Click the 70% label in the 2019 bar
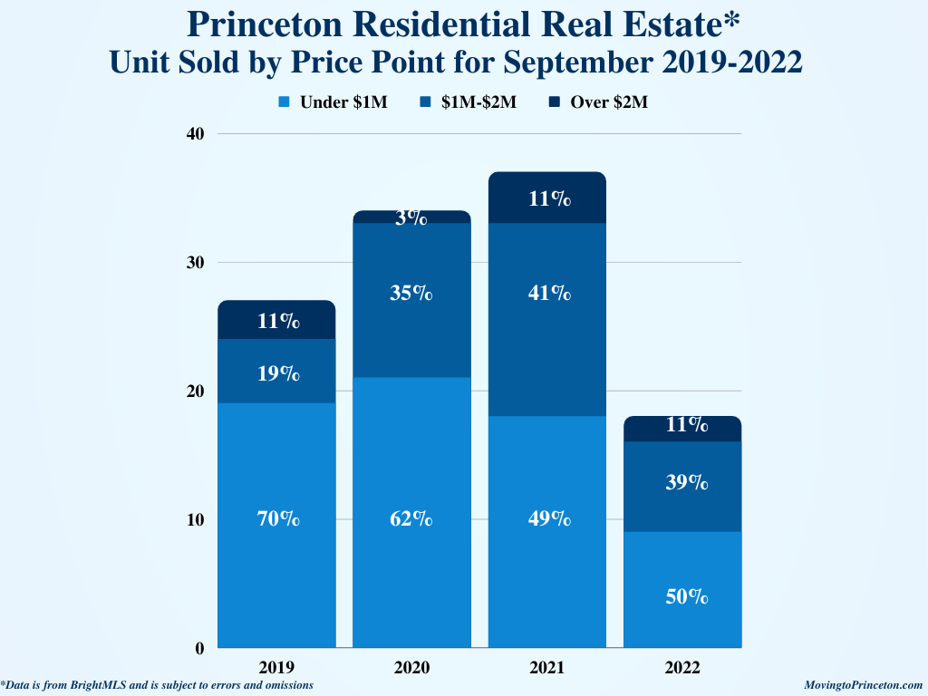click(277, 519)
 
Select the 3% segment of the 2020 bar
click(411, 217)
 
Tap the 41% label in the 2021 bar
click(547, 294)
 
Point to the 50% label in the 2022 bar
click(683, 596)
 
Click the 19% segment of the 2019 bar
click(277, 372)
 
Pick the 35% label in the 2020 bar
click(411, 294)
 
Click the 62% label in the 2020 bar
click(411, 519)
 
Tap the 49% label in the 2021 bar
click(547, 519)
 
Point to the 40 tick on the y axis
click(197, 134)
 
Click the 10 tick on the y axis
click(197, 520)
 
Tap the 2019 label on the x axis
click(277, 668)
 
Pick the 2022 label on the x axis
click(683, 668)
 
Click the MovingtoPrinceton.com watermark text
click(863, 686)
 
